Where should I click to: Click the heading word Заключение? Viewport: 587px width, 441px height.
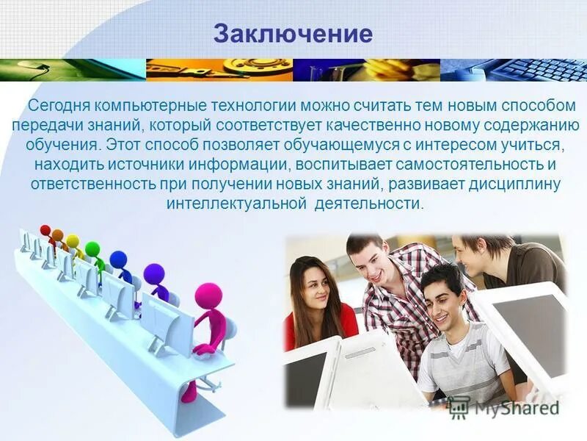point(293,34)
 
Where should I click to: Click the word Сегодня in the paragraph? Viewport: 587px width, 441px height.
point(56,106)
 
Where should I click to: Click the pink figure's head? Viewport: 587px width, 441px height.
point(208,296)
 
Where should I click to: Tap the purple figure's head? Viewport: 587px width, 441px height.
point(154,273)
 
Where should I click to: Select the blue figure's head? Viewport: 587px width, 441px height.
point(118,259)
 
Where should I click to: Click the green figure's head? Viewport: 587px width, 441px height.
point(92,248)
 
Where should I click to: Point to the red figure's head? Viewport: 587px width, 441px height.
point(45,230)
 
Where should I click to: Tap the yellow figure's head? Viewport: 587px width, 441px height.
point(72,241)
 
